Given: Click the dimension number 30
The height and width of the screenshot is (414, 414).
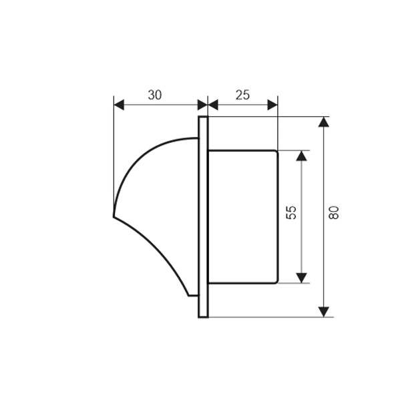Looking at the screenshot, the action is pos(155,95).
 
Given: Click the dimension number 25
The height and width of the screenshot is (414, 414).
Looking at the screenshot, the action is pos(242,95).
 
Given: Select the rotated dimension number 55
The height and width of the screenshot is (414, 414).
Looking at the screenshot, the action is pos(291,213).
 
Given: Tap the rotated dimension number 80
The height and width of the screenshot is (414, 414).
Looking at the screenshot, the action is pos(334,213).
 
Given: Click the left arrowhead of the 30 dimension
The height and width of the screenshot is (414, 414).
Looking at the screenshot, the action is pos(119,105).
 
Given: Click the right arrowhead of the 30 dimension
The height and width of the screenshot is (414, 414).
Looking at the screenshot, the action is pos(203,105).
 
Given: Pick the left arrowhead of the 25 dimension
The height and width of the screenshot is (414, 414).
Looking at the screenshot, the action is pos(213,105).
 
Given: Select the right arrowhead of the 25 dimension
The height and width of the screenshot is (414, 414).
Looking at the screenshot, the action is pos(272,105).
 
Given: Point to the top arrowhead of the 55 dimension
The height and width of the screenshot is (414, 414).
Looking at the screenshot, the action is pos(302,156).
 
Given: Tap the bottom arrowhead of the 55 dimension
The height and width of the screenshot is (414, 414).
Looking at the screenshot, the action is pos(302,278).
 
